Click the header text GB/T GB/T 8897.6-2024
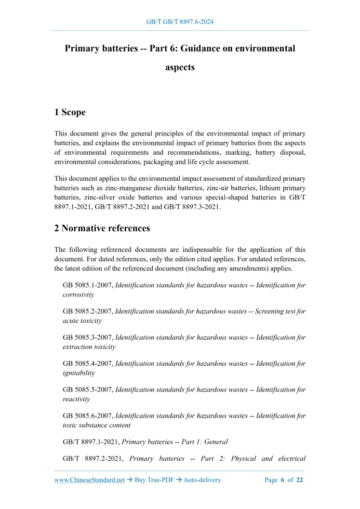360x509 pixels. [x=180, y=22]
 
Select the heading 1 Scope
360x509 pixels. [x=70, y=112]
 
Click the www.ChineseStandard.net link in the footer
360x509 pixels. [x=89, y=480]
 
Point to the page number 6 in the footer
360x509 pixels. [x=283, y=480]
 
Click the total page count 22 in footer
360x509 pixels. [x=299, y=480]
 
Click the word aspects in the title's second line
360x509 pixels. [x=180, y=68]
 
